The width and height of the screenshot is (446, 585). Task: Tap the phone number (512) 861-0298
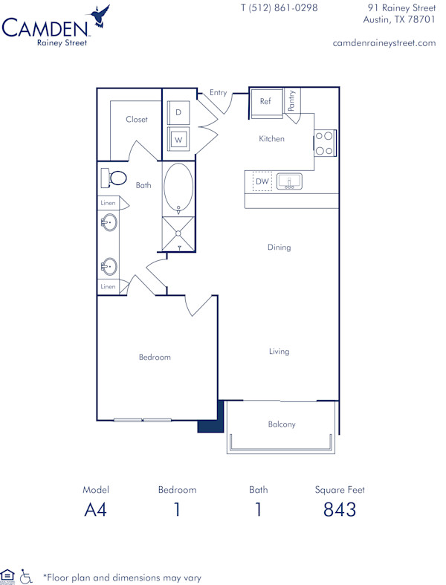[279, 8]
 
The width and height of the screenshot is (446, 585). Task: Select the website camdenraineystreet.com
[384, 43]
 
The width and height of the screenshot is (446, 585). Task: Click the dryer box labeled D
[178, 113]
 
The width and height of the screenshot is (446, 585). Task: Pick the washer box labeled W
[178, 139]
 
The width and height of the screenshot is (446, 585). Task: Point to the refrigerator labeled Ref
[265, 103]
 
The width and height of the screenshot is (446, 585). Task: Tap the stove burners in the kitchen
[324, 143]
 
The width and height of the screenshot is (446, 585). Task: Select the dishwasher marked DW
[262, 181]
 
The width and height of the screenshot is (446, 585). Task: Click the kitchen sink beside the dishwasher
[288, 181]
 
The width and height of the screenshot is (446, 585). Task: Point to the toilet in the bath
[113, 178]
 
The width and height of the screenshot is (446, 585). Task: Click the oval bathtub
[178, 187]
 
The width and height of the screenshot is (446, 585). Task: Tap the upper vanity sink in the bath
[109, 222]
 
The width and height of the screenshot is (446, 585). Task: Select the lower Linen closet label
[108, 286]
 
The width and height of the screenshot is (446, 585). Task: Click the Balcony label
[282, 424]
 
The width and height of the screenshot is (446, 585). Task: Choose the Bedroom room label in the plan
[155, 357]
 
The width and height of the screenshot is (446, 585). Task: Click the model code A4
[95, 510]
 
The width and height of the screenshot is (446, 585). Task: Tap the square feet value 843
[340, 510]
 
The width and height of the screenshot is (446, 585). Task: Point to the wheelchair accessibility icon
[28, 575]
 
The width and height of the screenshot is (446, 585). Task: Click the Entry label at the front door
[218, 92]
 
